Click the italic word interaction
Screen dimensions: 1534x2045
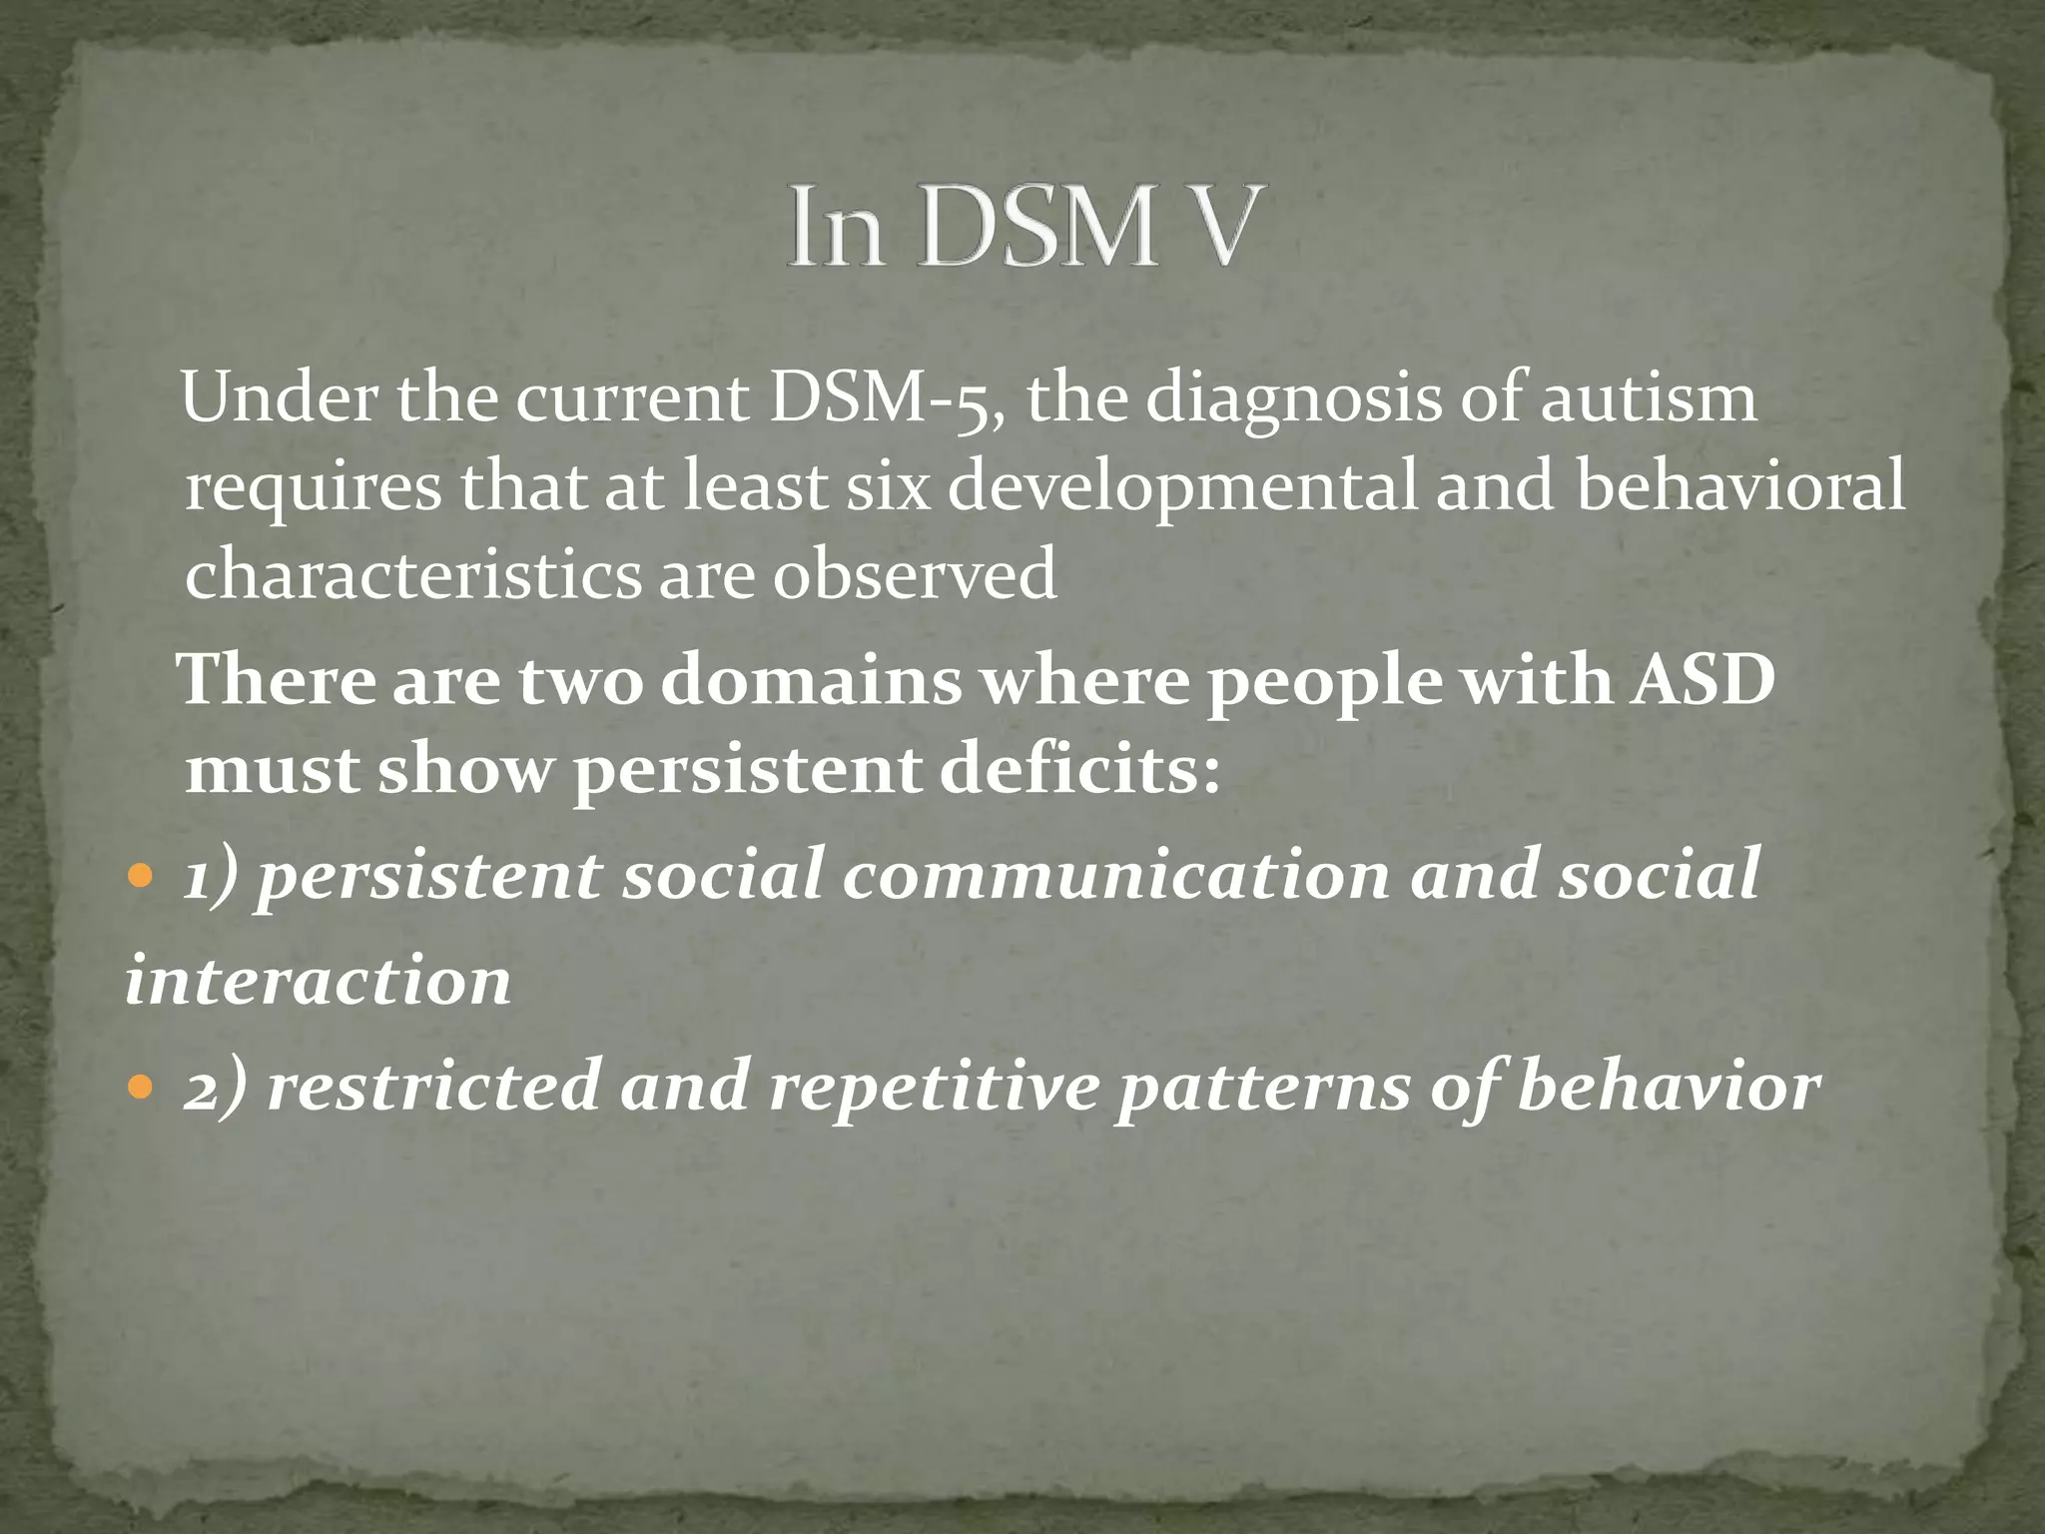coord(318,982)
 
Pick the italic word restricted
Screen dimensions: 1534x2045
coord(431,1087)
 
